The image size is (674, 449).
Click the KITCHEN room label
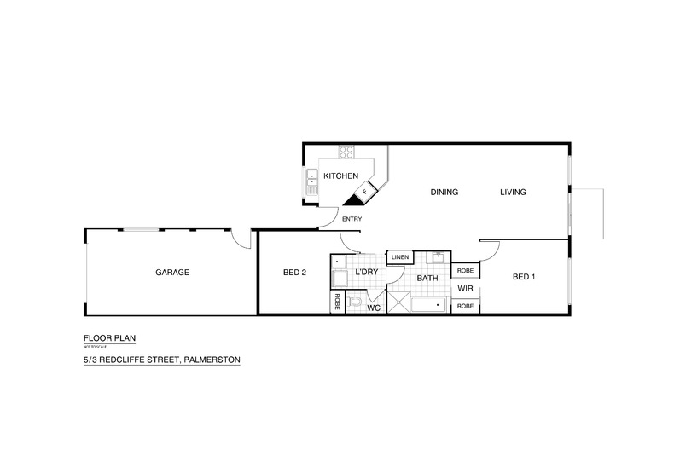point(340,176)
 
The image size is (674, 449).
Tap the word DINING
point(444,192)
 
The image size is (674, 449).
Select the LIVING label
point(513,192)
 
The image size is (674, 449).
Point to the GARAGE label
point(171,273)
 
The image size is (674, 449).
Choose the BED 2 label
point(294,273)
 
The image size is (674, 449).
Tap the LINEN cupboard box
point(400,256)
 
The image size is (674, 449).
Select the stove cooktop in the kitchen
point(346,153)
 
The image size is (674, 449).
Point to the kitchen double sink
point(311,183)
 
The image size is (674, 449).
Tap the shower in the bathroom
point(399,302)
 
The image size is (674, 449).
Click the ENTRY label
point(352,219)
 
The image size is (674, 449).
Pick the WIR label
point(465,288)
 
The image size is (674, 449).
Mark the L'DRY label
point(366,273)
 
